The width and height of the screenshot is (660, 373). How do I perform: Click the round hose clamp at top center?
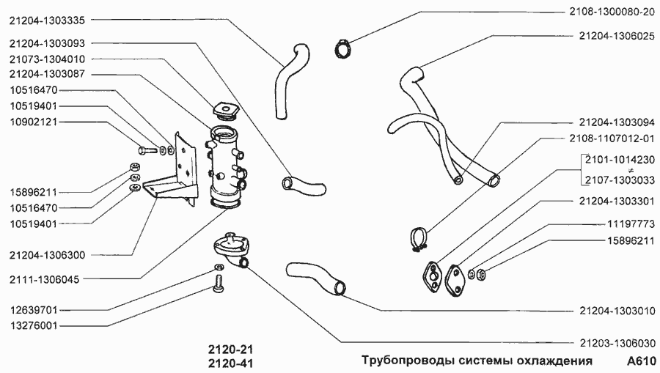coord(342,48)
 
